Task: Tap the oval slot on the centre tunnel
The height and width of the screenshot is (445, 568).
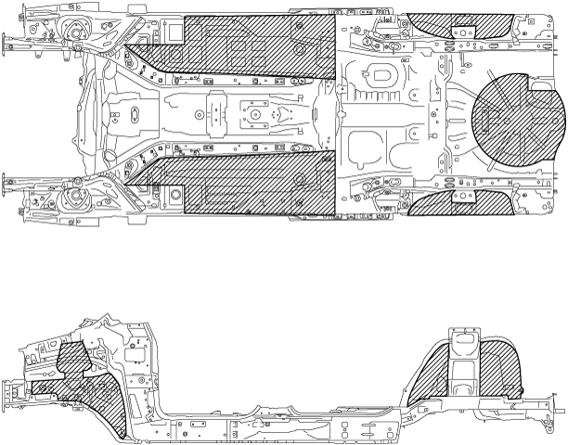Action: pyautogui.click(x=133, y=112)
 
